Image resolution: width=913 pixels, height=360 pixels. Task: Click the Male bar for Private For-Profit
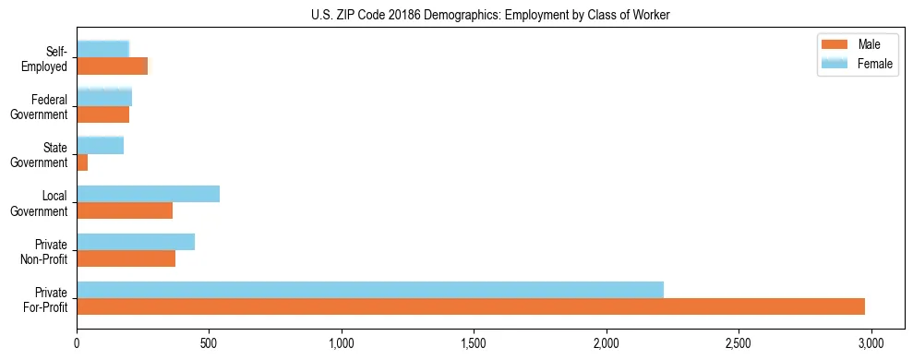(x=471, y=306)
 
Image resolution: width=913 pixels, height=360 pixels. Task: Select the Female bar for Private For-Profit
(x=370, y=290)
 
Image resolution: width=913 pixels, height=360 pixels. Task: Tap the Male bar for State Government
(x=82, y=162)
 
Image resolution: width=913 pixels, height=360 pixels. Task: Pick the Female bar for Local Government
(x=148, y=194)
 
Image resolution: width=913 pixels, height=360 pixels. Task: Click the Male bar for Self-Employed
(x=112, y=66)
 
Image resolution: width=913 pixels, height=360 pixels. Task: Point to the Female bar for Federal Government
(x=104, y=98)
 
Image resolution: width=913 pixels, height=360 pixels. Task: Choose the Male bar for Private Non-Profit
(x=126, y=258)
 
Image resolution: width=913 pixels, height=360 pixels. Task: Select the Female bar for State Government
(x=100, y=146)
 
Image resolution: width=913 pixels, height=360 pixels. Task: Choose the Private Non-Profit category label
(x=45, y=250)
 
